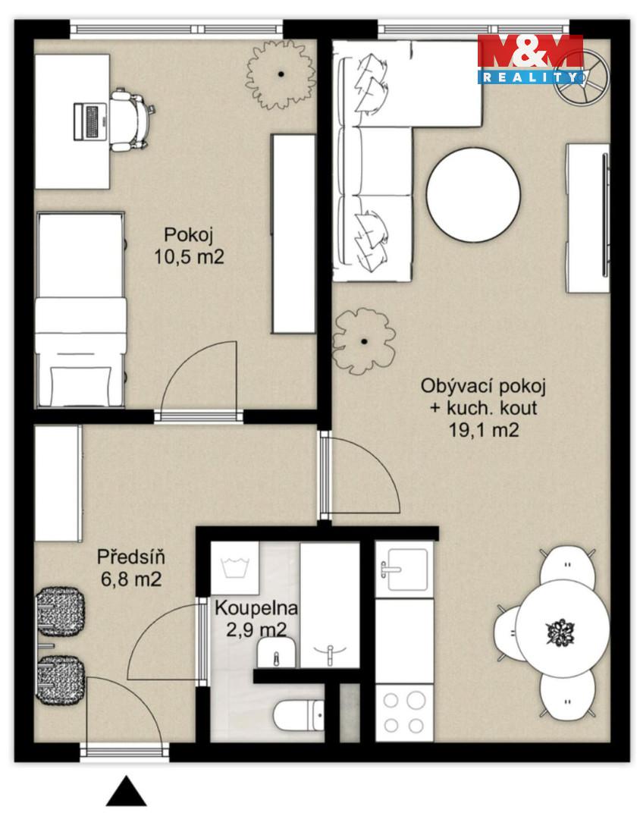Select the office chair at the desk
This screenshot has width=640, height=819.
click(131, 120)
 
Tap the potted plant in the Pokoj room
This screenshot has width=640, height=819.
click(281, 74)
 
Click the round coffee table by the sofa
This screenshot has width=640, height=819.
click(473, 194)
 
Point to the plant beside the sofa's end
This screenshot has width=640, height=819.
click(364, 341)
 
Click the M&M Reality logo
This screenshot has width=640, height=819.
click(530, 60)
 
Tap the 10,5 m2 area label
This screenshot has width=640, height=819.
click(189, 257)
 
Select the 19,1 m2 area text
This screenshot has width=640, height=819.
click(484, 430)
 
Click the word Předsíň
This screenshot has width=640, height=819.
click(131, 557)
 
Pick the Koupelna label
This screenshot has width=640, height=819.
click(256, 608)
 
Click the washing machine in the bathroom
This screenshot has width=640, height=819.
click(234, 568)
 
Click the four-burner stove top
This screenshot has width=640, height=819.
click(404, 712)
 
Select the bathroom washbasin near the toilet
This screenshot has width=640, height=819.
click(276, 653)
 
